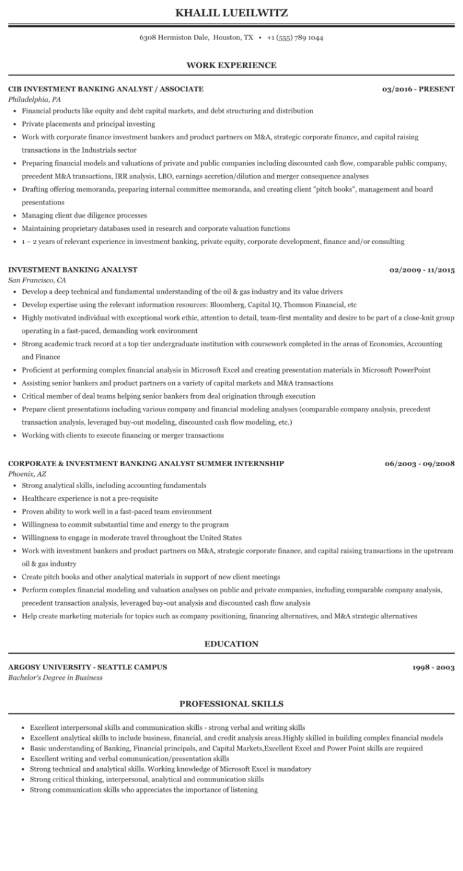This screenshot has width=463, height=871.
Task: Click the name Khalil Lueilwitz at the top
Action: tap(231, 12)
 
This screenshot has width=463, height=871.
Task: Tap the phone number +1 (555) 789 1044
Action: tap(295, 38)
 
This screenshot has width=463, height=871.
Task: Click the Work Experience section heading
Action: tap(231, 65)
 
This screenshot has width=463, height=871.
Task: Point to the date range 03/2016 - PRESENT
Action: tap(419, 89)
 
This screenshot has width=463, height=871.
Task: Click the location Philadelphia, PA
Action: tap(35, 99)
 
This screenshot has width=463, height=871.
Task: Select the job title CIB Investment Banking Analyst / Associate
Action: tap(106, 89)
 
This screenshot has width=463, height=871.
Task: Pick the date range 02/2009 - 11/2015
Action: tap(422, 270)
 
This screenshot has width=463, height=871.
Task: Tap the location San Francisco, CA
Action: tap(37, 280)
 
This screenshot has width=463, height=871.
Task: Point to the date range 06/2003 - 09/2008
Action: tap(420, 463)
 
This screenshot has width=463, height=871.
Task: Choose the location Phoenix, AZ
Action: tap(27, 474)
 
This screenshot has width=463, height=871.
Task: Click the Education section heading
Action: tap(231, 644)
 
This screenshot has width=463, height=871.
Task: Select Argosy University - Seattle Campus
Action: tap(88, 667)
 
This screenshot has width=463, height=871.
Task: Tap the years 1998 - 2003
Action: tap(434, 668)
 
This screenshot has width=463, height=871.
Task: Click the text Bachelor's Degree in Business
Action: tap(55, 677)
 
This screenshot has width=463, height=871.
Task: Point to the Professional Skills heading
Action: tap(231, 704)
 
